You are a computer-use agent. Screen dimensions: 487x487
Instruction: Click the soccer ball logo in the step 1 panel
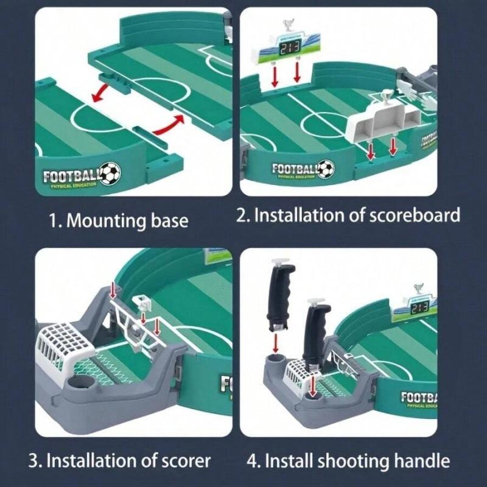pyautogui.click(x=110, y=173)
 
